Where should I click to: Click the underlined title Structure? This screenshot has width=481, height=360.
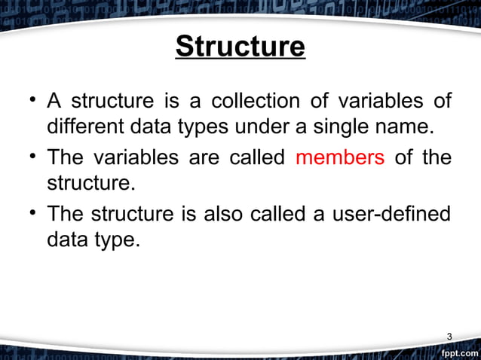pos(240,47)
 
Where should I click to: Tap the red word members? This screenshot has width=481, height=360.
pos(340,159)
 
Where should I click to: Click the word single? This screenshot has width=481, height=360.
pos(363,127)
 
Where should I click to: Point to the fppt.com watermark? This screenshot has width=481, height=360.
pos(458,352)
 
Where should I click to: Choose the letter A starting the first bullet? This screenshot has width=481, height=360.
pos(54,100)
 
